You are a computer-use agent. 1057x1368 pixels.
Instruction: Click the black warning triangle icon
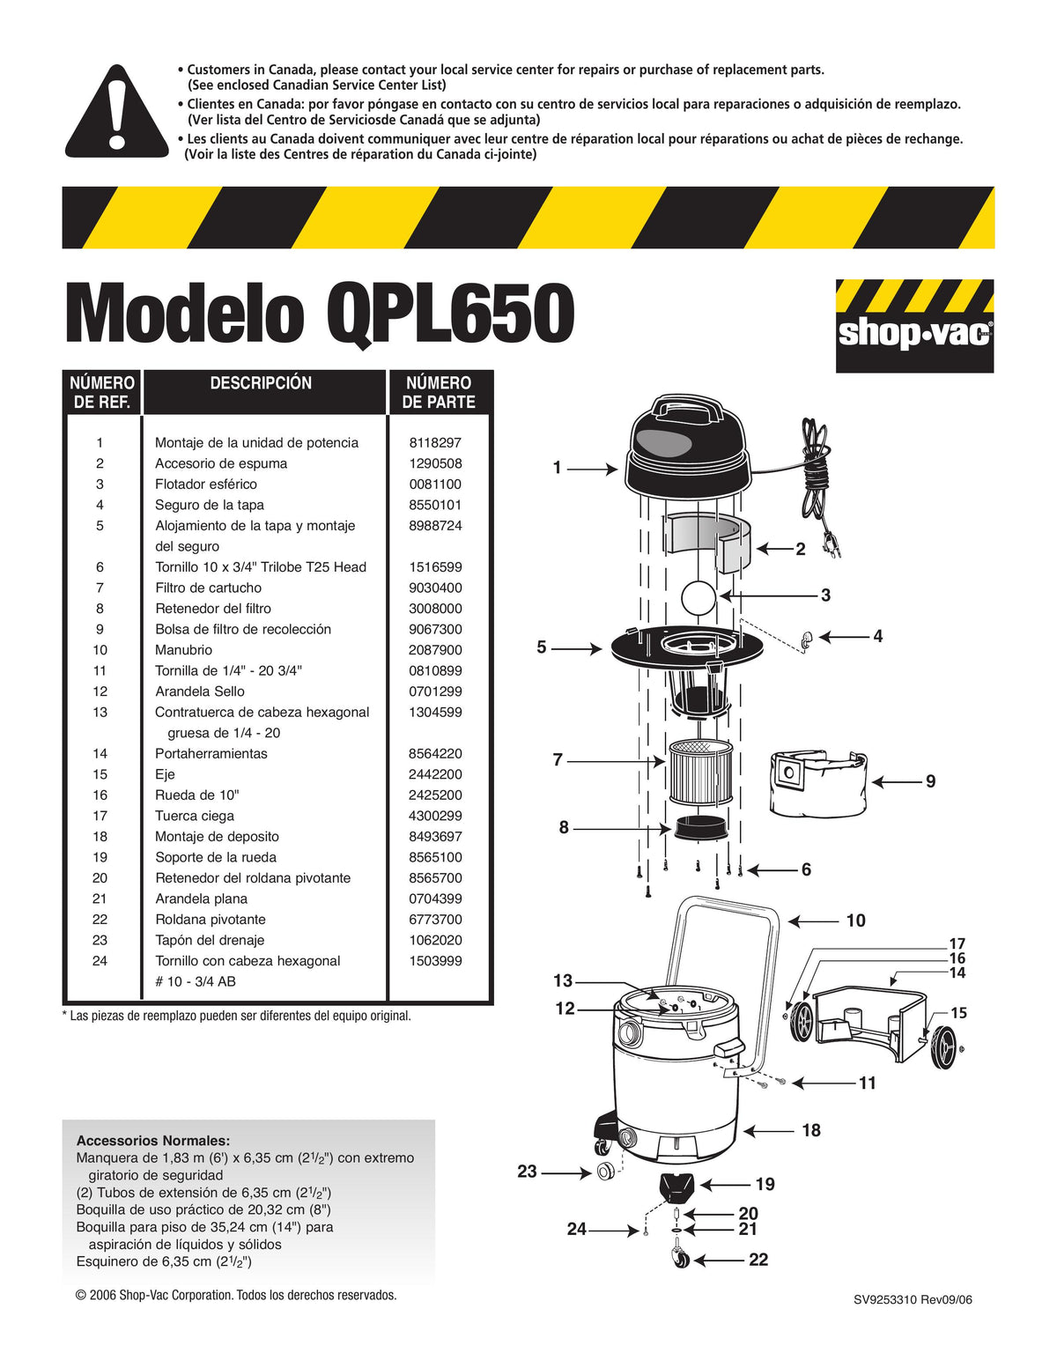[116, 115]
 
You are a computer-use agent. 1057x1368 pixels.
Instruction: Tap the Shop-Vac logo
[913, 326]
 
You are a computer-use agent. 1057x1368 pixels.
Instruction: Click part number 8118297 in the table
[434, 443]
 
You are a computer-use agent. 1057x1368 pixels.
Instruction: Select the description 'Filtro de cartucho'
[208, 588]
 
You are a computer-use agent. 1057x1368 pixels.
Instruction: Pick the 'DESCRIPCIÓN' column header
[261, 383]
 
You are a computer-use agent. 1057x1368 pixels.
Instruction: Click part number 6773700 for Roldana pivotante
[434, 920]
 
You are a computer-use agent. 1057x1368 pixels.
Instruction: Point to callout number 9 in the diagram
[930, 781]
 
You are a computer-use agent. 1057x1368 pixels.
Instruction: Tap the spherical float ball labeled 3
[700, 596]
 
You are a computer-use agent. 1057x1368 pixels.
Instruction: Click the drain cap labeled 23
[606, 1172]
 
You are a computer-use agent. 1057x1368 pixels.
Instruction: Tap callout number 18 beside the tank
[810, 1130]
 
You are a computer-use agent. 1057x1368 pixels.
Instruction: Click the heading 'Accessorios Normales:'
[153, 1141]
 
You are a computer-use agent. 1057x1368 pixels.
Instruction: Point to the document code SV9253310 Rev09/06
[913, 1300]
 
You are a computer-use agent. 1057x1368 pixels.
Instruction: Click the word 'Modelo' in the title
[185, 315]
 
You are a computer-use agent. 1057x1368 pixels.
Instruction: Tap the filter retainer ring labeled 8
[701, 828]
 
